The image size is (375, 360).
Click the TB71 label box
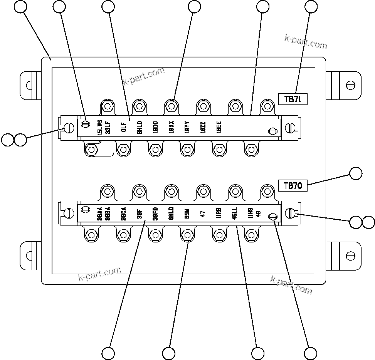click(293, 99)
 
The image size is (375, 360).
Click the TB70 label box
click(293, 186)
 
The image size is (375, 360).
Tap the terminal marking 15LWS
click(100, 127)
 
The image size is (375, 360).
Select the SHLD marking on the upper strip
click(140, 127)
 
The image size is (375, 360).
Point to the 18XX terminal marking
click(171, 127)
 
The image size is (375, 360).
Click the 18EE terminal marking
click(219, 127)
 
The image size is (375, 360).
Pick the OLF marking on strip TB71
click(124, 127)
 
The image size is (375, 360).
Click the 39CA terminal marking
click(123, 214)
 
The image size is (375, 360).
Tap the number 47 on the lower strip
click(203, 214)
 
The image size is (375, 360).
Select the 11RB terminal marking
click(219, 213)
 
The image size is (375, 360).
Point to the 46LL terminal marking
click(234, 213)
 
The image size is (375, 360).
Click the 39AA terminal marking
click(99, 213)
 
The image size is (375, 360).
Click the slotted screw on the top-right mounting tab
click(350, 84)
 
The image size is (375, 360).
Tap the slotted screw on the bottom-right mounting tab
click(350, 255)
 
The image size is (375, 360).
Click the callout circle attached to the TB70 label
click(356, 173)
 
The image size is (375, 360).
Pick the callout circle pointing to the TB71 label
click(311, 7)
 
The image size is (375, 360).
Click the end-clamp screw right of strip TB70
click(291, 213)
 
